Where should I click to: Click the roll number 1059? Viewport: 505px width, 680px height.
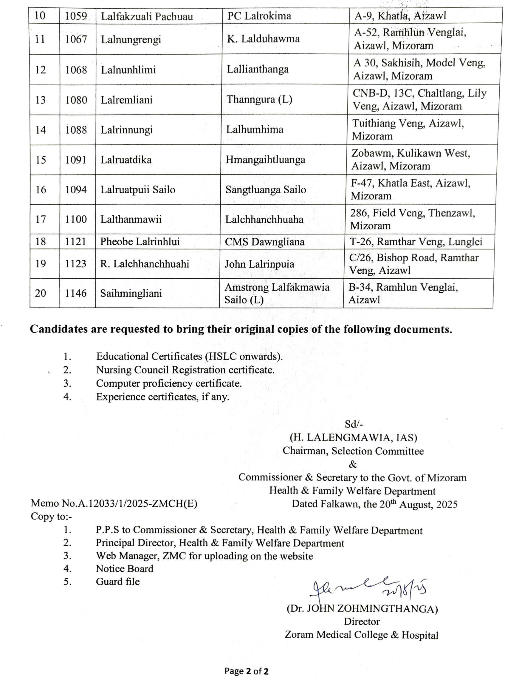[76, 16]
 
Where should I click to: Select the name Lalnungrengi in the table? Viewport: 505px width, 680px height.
[131, 39]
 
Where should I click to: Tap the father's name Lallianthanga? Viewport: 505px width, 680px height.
[257, 69]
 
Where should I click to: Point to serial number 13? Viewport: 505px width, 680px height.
[40, 100]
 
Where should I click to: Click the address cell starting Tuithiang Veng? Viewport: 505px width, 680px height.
[408, 129]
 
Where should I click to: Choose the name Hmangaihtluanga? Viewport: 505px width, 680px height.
[265, 160]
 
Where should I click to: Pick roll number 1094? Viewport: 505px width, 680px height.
[76, 190]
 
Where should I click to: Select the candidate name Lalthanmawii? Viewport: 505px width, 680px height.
[131, 219]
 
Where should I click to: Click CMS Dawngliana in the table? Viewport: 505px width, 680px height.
[264, 242]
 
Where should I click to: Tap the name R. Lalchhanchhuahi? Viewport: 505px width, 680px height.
[145, 264]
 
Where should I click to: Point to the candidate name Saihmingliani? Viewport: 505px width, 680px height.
[131, 293]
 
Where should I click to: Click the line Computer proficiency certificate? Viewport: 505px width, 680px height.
[169, 383]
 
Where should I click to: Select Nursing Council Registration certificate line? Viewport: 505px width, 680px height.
[185, 370]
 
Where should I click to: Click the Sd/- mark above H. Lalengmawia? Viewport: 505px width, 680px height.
[354, 424]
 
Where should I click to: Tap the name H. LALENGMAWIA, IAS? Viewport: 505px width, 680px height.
[353, 438]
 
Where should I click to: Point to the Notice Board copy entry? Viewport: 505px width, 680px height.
[124, 568]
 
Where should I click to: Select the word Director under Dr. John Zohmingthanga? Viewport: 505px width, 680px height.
[362, 622]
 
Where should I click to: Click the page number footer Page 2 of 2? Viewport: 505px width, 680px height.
[246, 671]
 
